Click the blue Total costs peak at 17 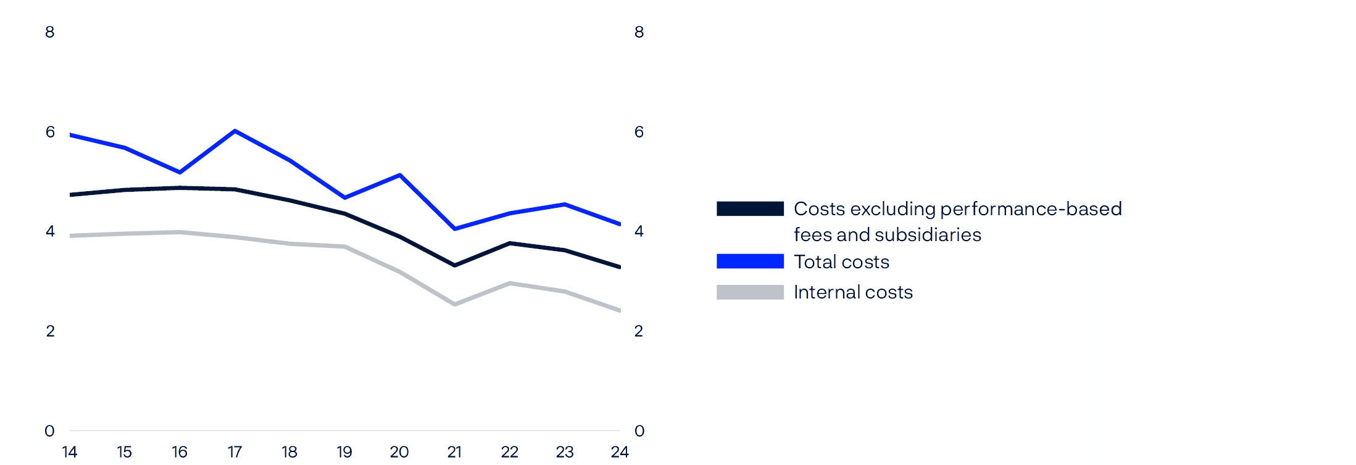235,131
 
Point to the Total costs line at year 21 455,229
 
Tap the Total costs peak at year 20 400,175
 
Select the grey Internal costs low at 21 455,304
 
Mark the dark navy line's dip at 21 455,265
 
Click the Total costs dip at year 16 180,172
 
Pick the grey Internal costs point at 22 510,283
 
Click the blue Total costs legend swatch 749,261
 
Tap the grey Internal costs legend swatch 749,292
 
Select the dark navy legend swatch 749,208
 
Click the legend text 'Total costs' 841,262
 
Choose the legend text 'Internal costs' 852,292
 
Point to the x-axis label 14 70,452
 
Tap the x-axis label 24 619,452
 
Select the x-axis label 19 344,452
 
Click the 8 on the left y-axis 50,32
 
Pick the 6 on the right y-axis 639,132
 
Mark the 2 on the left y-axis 50,331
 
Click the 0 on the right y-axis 639,431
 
